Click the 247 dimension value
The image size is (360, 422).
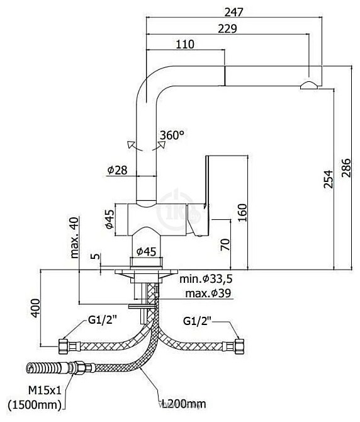(233, 12)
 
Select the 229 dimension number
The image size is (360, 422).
(227, 29)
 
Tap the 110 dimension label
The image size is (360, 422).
(184, 45)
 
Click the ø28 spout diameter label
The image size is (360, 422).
(117, 170)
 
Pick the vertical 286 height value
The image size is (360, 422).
(346, 168)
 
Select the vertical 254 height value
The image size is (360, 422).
(328, 179)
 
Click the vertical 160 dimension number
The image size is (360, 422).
(242, 212)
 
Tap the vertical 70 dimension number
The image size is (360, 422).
(225, 244)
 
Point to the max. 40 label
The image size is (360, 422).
(74, 237)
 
